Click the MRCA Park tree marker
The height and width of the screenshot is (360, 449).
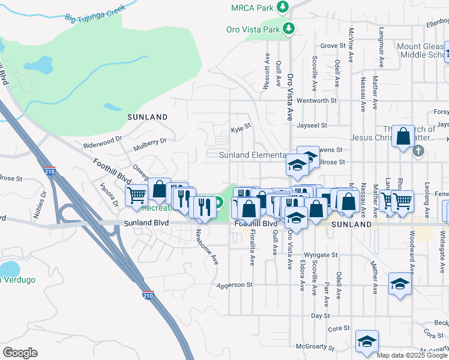point(282,7)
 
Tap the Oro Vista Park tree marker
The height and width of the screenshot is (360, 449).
point(289,28)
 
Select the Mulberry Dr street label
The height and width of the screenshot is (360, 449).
point(150,141)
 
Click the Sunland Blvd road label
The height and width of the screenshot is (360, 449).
point(146,222)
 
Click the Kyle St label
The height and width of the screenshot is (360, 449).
point(240,130)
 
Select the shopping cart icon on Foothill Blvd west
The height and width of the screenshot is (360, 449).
point(136,194)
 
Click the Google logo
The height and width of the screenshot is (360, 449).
point(20,353)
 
